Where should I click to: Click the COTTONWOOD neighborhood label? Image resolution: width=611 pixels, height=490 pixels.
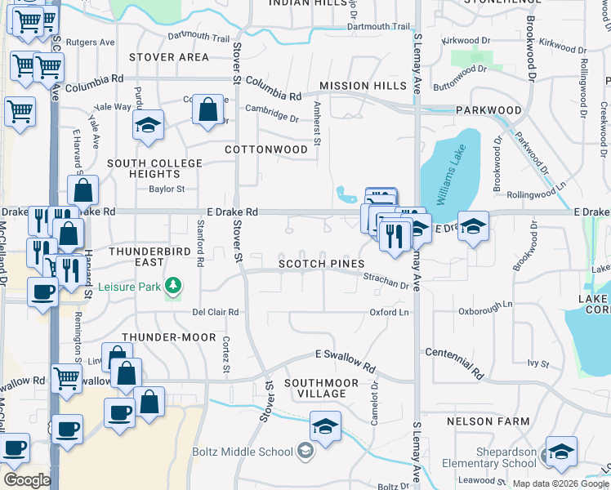pyautogui.click(x=266, y=149)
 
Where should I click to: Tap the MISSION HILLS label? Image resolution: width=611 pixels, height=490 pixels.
pyautogui.click(x=363, y=86)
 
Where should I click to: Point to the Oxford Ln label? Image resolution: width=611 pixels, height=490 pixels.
pyautogui.click(x=389, y=312)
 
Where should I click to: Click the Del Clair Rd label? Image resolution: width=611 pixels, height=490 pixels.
pyautogui.click(x=215, y=312)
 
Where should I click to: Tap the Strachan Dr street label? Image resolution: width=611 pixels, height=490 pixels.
pyautogui.click(x=386, y=280)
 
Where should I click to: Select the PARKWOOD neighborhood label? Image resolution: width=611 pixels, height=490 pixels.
pyautogui.click(x=488, y=109)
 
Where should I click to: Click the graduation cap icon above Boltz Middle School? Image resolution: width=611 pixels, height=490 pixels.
pyautogui.click(x=325, y=426)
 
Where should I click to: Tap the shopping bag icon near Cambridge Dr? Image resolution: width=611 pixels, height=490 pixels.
pyautogui.click(x=209, y=109)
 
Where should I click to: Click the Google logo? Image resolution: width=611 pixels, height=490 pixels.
pyautogui.click(x=27, y=480)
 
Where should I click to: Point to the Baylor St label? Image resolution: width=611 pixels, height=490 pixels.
pyautogui.click(x=167, y=189)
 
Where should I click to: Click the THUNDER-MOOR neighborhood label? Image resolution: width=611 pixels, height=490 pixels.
pyautogui.click(x=169, y=337)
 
